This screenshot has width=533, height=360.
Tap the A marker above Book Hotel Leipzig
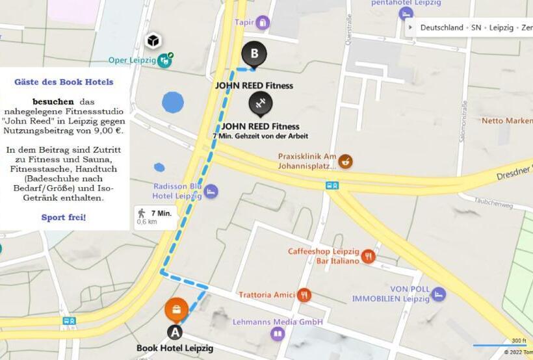click(x=175, y=332)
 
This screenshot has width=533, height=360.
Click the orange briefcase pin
click(x=176, y=309)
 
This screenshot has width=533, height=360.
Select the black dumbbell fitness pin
click(x=261, y=103)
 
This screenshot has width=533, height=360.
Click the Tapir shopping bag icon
click(x=262, y=23)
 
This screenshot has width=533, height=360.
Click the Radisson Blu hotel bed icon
click(x=211, y=192)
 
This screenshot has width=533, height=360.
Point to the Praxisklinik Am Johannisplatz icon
click(x=345, y=161)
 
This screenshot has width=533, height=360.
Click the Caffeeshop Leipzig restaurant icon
click(x=369, y=256)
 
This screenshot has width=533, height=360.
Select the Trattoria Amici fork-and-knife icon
click(x=304, y=295)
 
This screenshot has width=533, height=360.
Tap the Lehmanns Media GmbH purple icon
click(x=278, y=334)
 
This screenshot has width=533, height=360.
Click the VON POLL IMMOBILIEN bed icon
click(x=438, y=294)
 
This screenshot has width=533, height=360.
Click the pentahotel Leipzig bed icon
click(x=406, y=14)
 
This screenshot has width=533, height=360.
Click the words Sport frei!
click(x=64, y=217)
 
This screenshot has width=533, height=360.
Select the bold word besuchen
click(x=53, y=102)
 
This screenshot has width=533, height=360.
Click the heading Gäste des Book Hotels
click(x=64, y=82)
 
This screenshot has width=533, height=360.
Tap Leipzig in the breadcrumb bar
click(x=501, y=28)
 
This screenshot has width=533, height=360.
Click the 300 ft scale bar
click(x=500, y=345)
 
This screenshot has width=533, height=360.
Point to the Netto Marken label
click(x=506, y=121)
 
